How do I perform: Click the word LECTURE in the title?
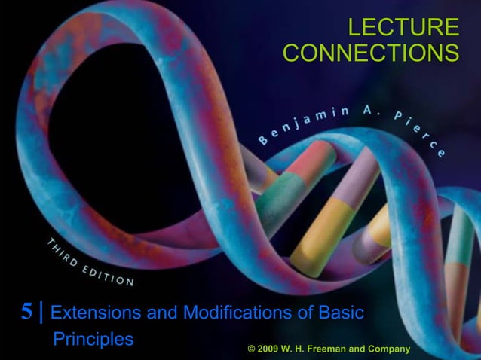pos(403,28)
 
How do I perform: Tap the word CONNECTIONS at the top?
pos(371,54)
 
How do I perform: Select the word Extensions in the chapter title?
pos(93,312)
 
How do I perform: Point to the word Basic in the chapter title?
pos(339,312)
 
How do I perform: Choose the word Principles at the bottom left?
pos(93,339)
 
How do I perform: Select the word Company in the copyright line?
pos(389,349)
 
